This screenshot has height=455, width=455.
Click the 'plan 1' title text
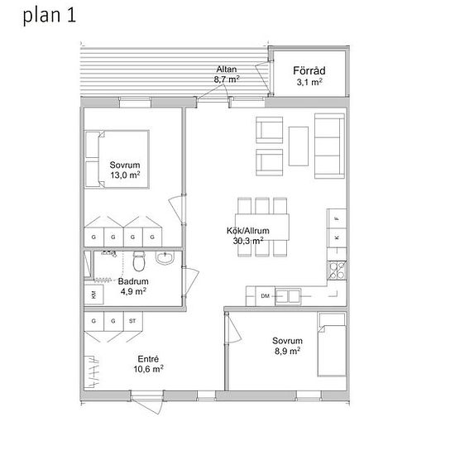point(50,16)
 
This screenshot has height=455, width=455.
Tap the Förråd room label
point(309,71)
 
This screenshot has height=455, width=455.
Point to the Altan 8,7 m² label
point(227,74)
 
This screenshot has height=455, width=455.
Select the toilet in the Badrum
point(139,261)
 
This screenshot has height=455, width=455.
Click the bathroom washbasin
point(165,257)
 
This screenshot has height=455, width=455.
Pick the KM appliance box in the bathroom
point(93,295)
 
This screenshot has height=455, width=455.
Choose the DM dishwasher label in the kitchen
point(266,296)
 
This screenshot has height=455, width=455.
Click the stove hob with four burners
point(337,271)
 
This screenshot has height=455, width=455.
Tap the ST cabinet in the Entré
point(132,321)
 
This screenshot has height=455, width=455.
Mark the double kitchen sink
point(288,296)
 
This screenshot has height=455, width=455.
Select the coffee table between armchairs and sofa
point(299,146)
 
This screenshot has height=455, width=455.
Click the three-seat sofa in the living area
point(329,146)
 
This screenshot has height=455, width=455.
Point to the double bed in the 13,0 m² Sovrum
point(117,160)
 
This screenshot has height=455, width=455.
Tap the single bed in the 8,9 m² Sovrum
point(332,344)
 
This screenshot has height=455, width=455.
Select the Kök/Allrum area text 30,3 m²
point(248,241)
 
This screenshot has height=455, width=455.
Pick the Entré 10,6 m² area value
point(148,369)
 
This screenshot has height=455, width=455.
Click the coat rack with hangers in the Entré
point(92,371)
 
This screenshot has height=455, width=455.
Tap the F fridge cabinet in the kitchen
point(337,218)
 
